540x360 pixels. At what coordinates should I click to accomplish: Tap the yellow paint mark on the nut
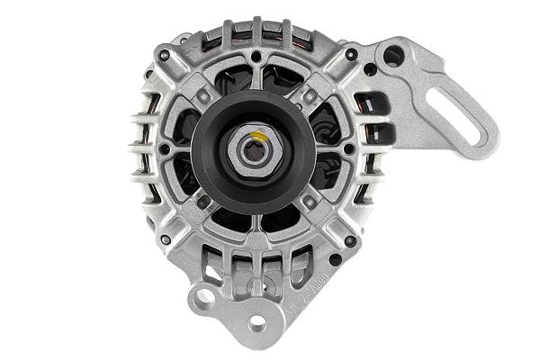(x=258, y=137)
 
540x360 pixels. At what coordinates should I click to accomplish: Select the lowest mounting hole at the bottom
(x=257, y=321)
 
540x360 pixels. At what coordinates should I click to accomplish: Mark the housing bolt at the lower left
(x=166, y=239)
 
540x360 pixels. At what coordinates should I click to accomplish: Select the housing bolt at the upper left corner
(x=164, y=56)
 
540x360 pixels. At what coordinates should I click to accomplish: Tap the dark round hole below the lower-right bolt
(x=335, y=260)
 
